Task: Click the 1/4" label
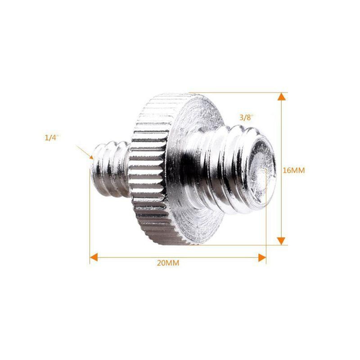[52, 138]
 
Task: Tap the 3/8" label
[246, 117]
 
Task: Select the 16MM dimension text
[294, 171]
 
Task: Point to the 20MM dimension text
[168, 263]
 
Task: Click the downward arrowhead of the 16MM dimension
[281, 241]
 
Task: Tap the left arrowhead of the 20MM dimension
[94, 257]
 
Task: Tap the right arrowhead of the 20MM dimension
[262, 257]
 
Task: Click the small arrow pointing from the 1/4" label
[85, 152]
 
